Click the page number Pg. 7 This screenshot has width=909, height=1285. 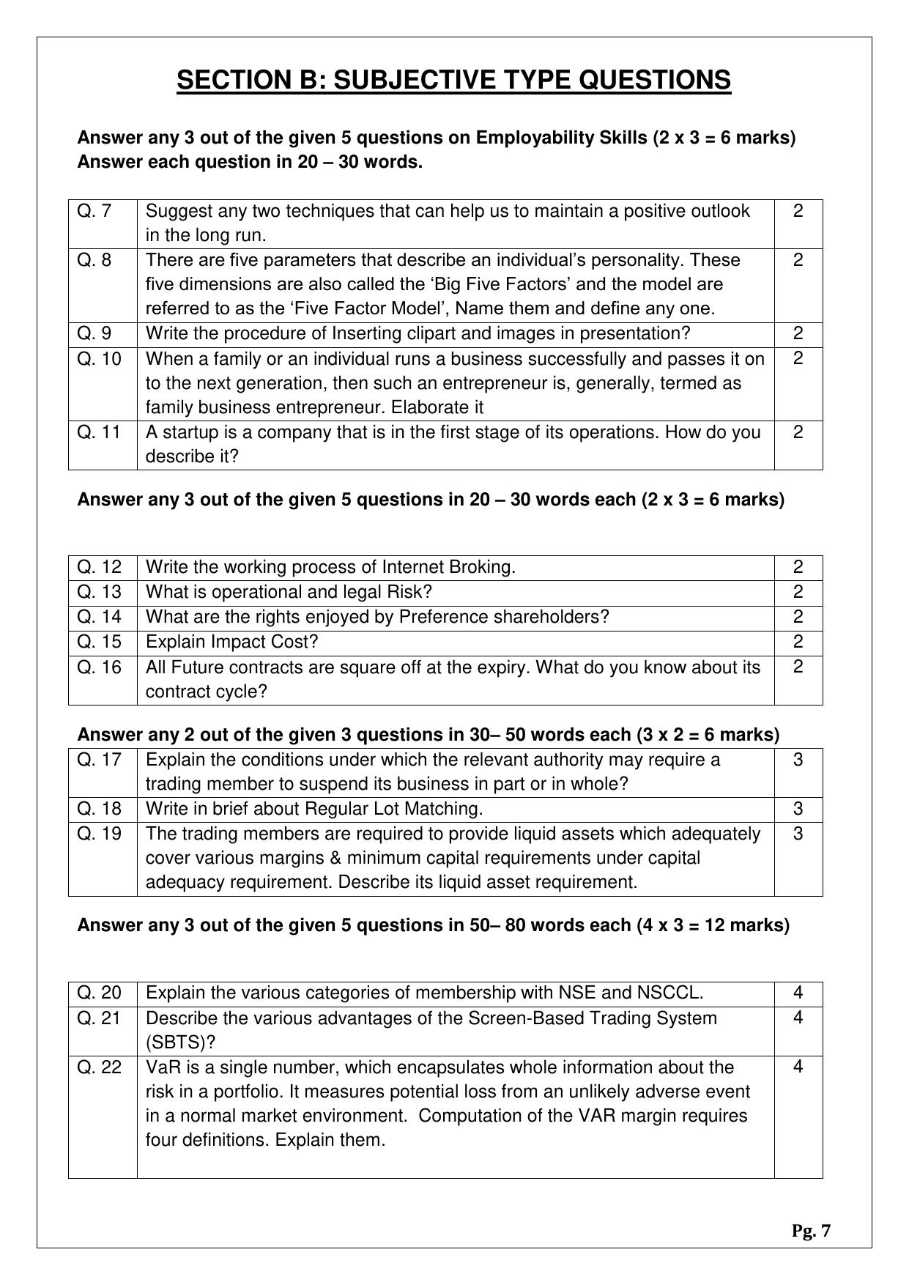pos(811,1231)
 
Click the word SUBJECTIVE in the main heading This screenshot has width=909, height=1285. pos(433,79)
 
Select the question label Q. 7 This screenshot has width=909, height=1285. pos(94,211)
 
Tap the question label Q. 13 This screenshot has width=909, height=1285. pos(99,592)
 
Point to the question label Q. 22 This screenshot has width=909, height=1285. pos(99,1067)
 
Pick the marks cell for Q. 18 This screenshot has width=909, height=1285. pos(798,809)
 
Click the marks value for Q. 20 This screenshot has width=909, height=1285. pos(798,993)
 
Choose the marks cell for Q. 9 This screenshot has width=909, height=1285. pos(798,333)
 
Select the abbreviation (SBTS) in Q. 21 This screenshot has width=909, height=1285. pos(174,1043)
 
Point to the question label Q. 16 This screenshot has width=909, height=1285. pos(99,667)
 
